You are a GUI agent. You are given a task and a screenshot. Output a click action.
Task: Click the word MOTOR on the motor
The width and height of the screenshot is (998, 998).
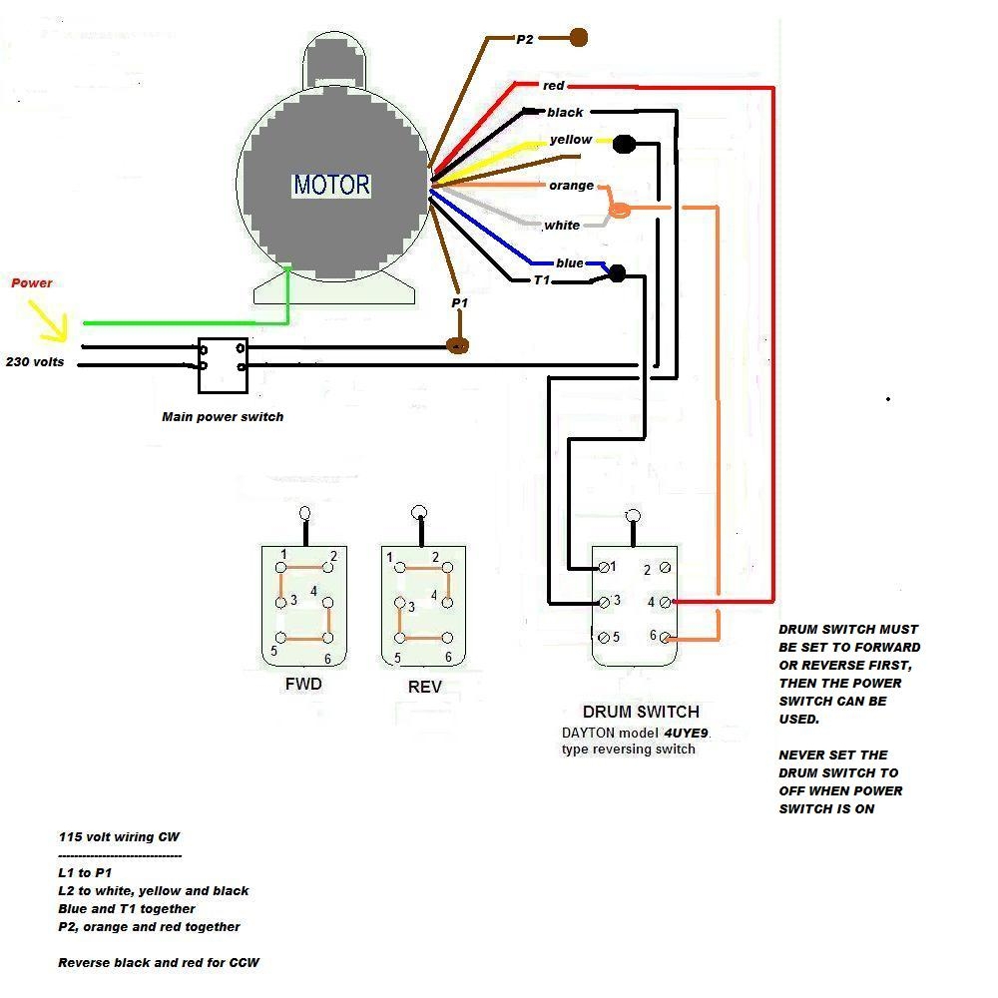click(x=331, y=185)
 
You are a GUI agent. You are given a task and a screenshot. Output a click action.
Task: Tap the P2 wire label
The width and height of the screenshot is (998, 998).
click(x=526, y=39)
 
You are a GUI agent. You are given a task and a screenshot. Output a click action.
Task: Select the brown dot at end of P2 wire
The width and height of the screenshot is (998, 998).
click(x=578, y=38)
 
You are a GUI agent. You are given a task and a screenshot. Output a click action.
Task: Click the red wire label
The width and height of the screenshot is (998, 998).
click(x=554, y=86)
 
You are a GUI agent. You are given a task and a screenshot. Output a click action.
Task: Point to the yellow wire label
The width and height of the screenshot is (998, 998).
click(x=571, y=140)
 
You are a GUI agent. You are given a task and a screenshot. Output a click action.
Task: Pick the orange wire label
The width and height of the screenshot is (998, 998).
click(x=571, y=186)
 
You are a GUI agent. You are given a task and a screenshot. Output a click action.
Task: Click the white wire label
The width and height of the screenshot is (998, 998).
click(x=562, y=226)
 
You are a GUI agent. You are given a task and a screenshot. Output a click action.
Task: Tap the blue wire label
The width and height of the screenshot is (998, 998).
click(x=570, y=263)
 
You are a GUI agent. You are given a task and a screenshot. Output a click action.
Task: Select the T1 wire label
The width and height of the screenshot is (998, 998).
click(x=542, y=280)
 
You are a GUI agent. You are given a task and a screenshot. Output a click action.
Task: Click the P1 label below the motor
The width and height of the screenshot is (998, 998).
click(x=459, y=302)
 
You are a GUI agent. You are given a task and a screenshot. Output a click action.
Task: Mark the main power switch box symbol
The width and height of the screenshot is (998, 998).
click(x=223, y=365)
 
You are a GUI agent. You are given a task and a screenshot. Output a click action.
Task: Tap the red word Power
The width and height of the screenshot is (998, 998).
click(x=32, y=283)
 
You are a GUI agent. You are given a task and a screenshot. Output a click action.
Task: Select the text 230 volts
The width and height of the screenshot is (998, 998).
click(x=35, y=362)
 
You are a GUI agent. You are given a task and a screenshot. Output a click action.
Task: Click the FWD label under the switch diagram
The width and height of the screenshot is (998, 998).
click(x=303, y=686)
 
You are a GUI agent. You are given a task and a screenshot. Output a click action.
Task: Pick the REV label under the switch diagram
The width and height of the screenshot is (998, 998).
click(x=424, y=688)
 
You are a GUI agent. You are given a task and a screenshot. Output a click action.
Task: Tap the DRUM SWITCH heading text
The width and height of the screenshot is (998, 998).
click(x=641, y=713)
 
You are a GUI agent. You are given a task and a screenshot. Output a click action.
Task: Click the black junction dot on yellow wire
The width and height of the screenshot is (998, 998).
click(x=625, y=145)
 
